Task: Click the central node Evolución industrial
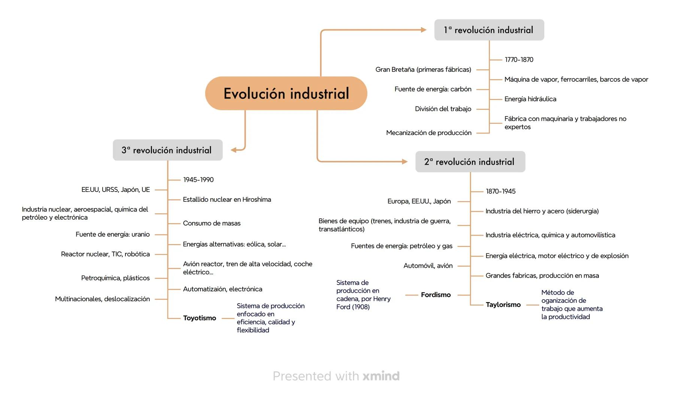point(286,93)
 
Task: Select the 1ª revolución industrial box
point(489,30)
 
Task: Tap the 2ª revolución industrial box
point(470,162)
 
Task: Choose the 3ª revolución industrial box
point(167,150)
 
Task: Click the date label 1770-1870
point(519,60)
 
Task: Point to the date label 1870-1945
point(500,191)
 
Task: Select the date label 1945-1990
point(198,180)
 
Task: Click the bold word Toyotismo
point(199,318)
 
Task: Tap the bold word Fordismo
point(436,295)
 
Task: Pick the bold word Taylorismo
point(503,304)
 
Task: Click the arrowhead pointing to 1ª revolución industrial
point(423,30)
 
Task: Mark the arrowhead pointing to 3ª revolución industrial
point(234,150)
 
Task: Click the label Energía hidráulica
point(530,99)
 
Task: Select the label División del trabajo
point(443,109)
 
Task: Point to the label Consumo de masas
point(212,223)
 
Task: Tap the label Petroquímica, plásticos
point(115,278)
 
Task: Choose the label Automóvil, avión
point(428,265)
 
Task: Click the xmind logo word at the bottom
point(381,376)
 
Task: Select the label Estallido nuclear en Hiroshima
point(227,199)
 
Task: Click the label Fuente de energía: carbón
point(433,89)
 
